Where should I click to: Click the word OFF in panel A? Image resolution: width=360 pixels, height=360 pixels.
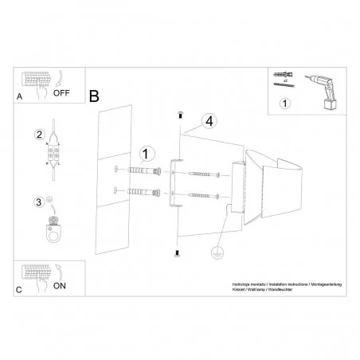(x=63, y=92)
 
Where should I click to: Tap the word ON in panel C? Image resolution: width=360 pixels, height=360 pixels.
(x=60, y=284)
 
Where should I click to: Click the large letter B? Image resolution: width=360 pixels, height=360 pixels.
(x=94, y=96)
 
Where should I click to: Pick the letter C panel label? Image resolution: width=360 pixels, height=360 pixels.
(x=19, y=290)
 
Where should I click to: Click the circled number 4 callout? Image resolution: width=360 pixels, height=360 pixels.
(x=208, y=121)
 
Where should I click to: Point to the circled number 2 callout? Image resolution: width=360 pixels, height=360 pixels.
(x=38, y=135)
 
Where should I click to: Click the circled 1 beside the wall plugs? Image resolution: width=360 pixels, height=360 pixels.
(x=145, y=154)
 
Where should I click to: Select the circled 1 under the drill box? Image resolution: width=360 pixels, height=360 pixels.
(x=285, y=103)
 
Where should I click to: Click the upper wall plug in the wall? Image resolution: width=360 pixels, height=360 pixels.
(x=142, y=170)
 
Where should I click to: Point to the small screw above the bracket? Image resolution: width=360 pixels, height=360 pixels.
(x=180, y=113)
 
